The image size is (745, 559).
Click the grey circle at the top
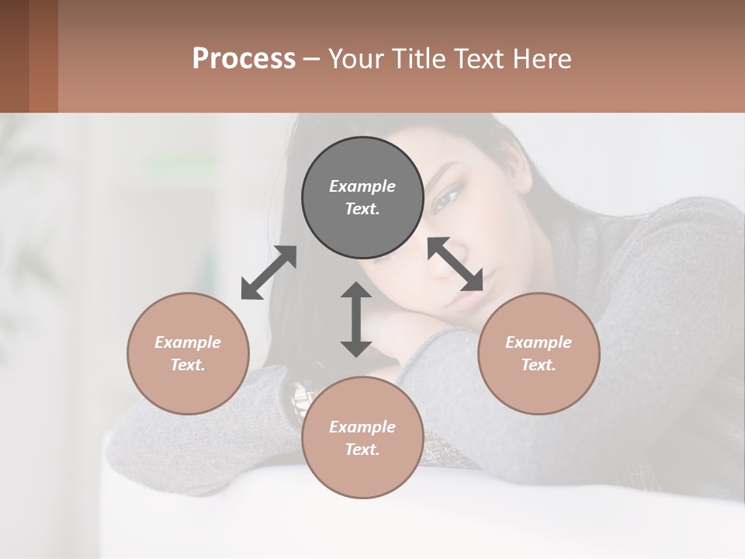click(362, 197)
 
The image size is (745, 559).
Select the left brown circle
click(188, 353)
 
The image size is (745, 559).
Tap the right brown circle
click(539, 353)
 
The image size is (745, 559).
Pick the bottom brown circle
click(362, 438)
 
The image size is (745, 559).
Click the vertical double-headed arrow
click(356, 319)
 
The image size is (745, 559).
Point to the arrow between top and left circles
click(269, 273)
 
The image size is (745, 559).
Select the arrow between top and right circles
click(456, 264)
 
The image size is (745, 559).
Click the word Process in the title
click(244, 58)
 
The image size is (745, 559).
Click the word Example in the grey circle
click(362, 186)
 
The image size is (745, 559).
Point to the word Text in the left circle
click(188, 365)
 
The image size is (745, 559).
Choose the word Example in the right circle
click(539, 342)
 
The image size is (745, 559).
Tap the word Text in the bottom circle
click(362, 450)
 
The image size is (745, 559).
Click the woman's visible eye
click(447, 200)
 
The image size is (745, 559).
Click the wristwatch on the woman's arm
click(300, 401)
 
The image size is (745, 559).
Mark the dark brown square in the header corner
click(14, 56)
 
